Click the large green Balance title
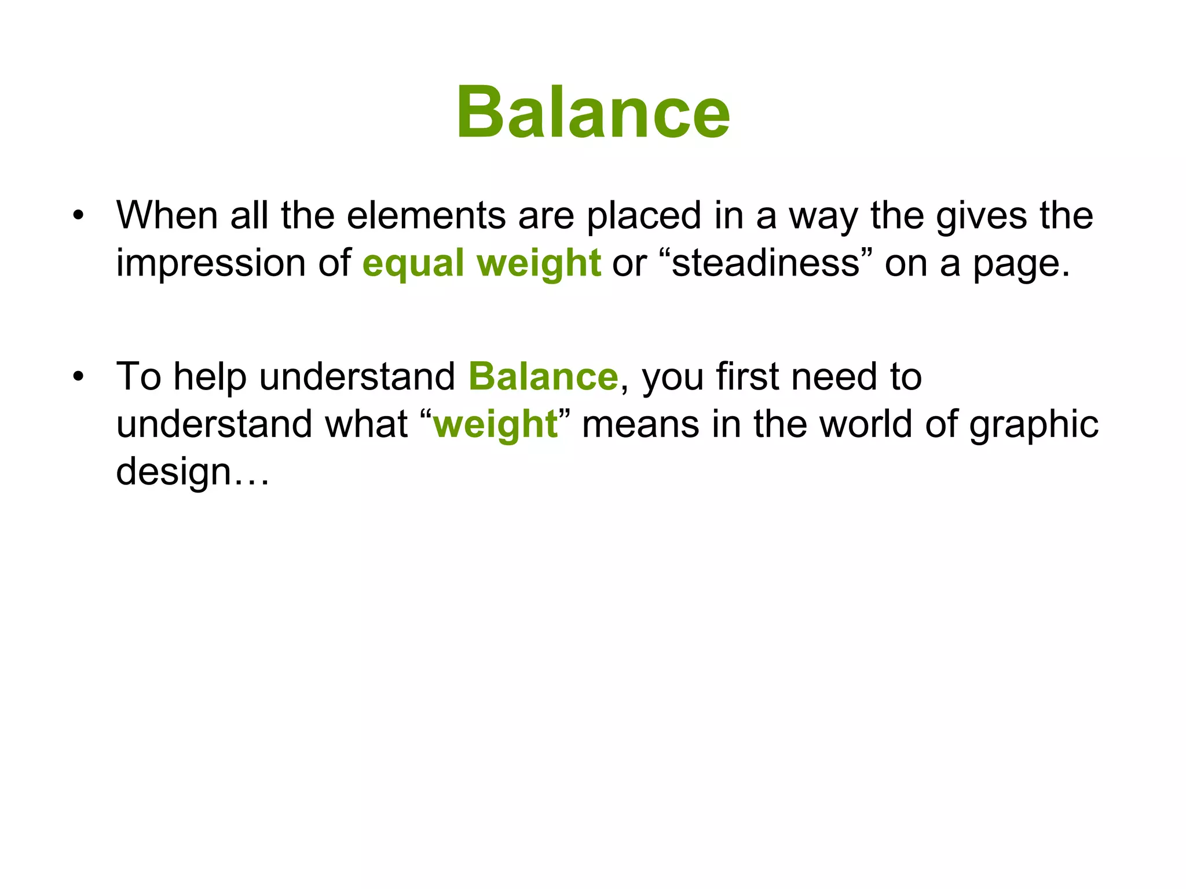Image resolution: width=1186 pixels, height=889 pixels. tap(592, 112)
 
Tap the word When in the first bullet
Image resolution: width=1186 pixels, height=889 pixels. tap(167, 215)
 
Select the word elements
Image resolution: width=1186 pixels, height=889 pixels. tap(426, 215)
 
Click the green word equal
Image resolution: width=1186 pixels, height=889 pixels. tap(413, 264)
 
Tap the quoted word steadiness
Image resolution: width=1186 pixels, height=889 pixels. tap(766, 263)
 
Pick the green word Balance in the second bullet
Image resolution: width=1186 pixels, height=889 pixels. tap(543, 377)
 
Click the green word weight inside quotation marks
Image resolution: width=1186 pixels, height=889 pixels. tap(495, 425)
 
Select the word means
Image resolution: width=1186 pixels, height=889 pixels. tap(640, 424)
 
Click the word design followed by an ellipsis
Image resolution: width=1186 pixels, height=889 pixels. tap(174, 472)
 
